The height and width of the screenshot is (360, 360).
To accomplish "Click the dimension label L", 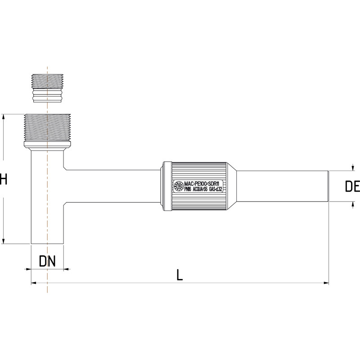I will point(180,275).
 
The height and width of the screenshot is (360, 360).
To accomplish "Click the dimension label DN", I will point(47,261).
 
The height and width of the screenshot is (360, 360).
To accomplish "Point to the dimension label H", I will point(4,180).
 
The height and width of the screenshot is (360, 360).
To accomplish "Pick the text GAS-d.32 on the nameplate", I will point(216,189).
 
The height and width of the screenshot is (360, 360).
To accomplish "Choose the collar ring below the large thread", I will point(47,146).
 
